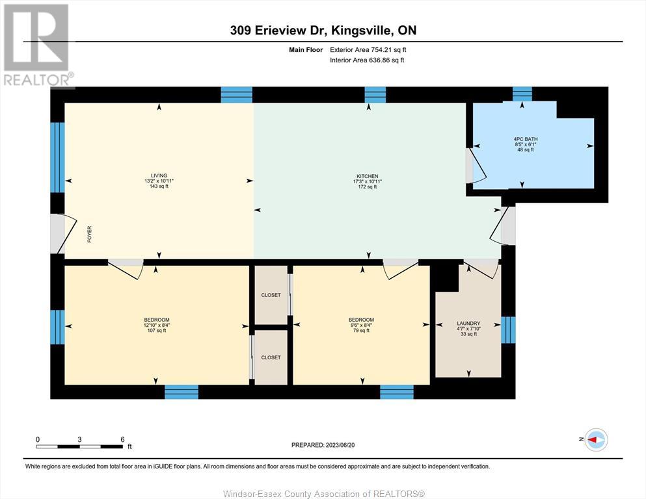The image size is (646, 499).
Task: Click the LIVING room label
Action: point(159,175)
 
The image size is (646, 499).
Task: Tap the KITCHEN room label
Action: point(368,176)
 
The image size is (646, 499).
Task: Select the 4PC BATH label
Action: point(526,139)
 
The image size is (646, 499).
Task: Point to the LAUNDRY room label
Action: point(468,324)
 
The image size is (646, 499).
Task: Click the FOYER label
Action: point(89,234)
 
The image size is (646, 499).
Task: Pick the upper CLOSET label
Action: point(271,295)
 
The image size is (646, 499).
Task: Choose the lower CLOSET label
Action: point(271,357)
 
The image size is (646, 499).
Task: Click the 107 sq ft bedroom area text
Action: point(157,330)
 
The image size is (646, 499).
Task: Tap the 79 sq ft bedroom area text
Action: point(361,330)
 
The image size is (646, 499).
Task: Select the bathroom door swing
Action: point(477,166)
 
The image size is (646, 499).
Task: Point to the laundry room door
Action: point(482,269)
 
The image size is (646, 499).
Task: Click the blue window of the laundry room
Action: point(508,330)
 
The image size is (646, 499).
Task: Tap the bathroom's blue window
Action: point(522,94)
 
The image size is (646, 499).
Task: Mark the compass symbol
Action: point(596,439)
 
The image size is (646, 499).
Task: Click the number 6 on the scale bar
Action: point(122,439)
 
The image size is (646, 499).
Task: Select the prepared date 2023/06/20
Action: point(340,445)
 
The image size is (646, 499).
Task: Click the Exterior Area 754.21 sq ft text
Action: point(368,50)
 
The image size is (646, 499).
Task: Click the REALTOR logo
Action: point(38,45)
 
